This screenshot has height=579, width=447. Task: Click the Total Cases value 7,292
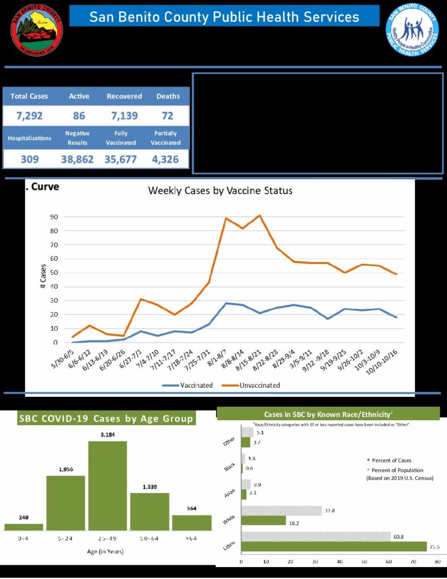tap(29, 116)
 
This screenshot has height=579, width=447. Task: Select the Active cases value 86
tap(79, 116)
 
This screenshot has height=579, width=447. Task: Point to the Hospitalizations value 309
tap(29, 159)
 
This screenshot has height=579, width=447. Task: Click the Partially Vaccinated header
tap(166, 138)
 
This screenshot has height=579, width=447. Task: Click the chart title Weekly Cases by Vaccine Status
tap(220, 191)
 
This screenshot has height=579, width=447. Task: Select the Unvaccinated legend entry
tap(255, 385)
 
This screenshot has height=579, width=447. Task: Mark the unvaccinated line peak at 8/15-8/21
tap(259, 215)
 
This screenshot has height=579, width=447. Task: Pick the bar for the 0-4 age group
tap(24, 527)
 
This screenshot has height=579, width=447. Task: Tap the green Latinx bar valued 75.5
tap(334, 546)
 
